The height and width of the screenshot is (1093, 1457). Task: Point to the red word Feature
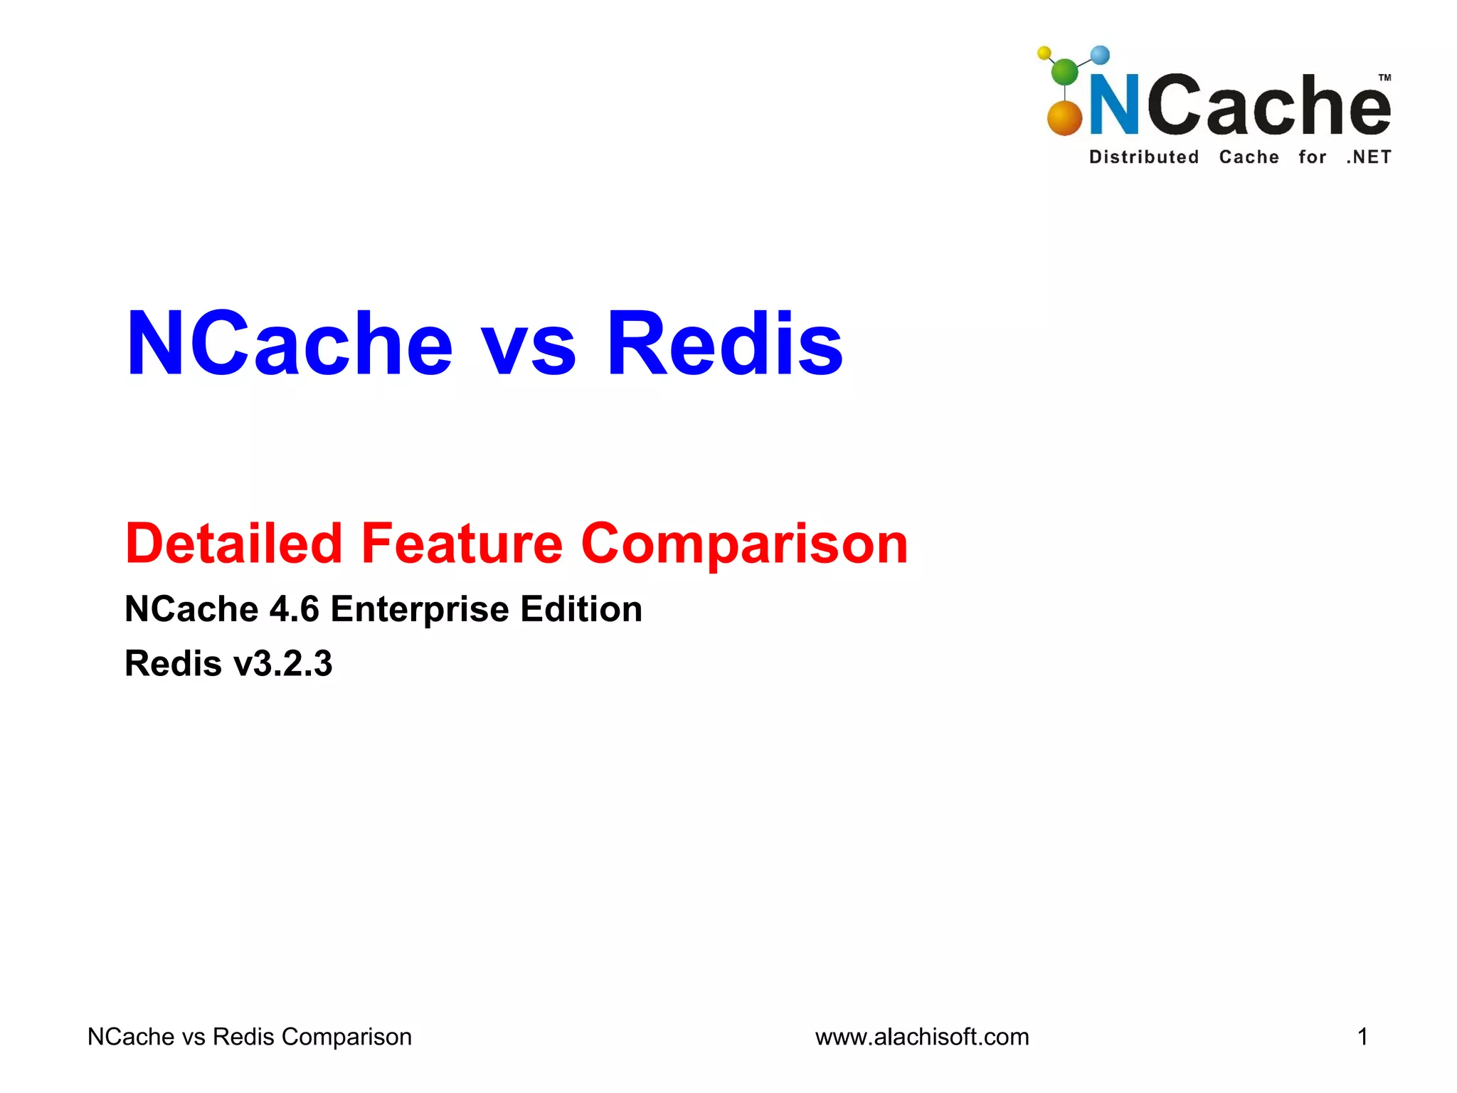(x=462, y=544)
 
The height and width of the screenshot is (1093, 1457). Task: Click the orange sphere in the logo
(x=1064, y=118)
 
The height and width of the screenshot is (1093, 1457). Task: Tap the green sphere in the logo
(x=1064, y=71)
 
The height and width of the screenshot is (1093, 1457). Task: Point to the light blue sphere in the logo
(x=1100, y=55)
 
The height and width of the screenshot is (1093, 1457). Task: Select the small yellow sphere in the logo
(x=1044, y=53)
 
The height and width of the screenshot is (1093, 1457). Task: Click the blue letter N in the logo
(x=1115, y=105)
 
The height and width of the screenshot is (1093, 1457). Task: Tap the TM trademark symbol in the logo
(x=1384, y=78)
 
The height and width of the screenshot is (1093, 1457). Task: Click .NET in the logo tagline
(x=1368, y=157)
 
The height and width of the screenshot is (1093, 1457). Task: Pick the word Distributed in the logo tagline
(x=1144, y=157)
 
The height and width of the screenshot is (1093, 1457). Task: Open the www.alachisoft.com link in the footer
(x=922, y=1037)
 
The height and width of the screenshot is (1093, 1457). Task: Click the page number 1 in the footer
(x=1362, y=1037)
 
